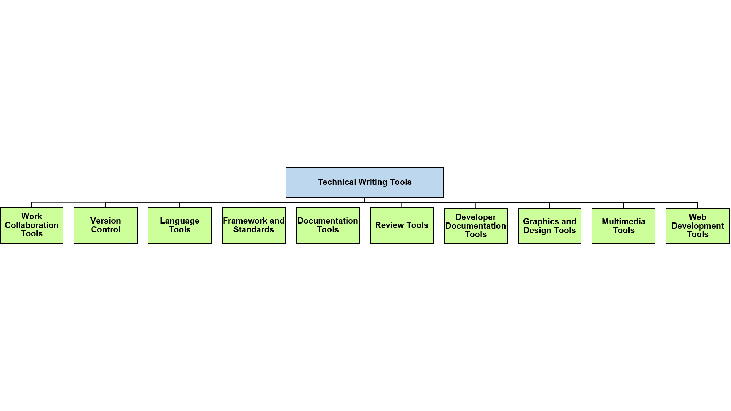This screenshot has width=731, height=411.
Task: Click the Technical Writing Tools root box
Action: [x=365, y=182]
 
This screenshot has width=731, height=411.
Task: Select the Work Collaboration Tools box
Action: [x=32, y=225]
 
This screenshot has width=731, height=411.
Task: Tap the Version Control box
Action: [x=105, y=225]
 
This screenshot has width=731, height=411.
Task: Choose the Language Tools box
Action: [x=179, y=225]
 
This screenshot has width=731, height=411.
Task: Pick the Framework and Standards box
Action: [x=254, y=225]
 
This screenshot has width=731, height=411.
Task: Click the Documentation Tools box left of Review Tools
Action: [x=328, y=225]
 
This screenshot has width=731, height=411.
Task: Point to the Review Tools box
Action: [x=402, y=225]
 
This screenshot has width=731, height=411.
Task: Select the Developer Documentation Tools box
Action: [x=476, y=226]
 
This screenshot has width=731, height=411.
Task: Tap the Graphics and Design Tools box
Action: [x=550, y=226]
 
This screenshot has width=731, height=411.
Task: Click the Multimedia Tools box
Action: [x=623, y=226]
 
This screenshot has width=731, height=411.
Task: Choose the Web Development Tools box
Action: [x=697, y=226]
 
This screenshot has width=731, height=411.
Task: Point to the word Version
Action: [x=105, y=221]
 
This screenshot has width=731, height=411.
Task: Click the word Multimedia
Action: [x=623, y=221]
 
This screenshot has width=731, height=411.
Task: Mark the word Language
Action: [x=179, y=221]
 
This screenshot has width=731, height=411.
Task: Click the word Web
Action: [x=697, y=217]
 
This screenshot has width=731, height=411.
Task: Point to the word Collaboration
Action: [x=32, y=225]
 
